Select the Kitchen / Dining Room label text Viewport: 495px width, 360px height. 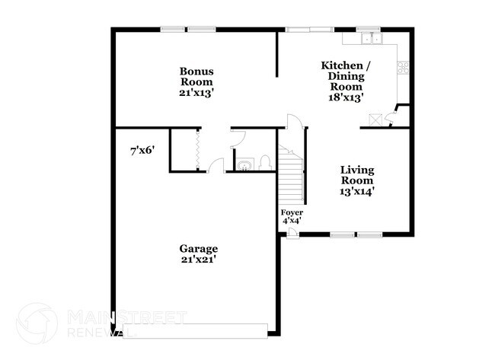coord(340,75)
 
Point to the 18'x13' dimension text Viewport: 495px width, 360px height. coord(340,97)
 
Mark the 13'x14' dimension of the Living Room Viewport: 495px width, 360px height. coord(356,192)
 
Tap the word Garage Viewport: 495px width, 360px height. coord(199,249)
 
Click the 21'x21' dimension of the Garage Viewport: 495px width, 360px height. coord(199,260)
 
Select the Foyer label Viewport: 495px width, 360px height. coord(292,212)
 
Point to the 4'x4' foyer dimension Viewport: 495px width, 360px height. coord(292,221)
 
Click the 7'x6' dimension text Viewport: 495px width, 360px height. coord(142,151)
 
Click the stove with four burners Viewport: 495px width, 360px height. coord(401,69)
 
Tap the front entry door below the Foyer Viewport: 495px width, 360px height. coord(292,233)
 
